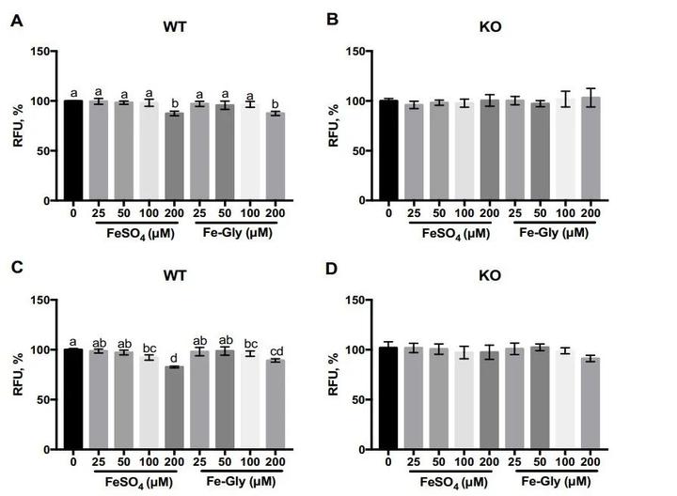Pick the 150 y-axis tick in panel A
(38, 51)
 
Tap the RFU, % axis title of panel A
(16, 125)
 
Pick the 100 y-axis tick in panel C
(38, 350)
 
